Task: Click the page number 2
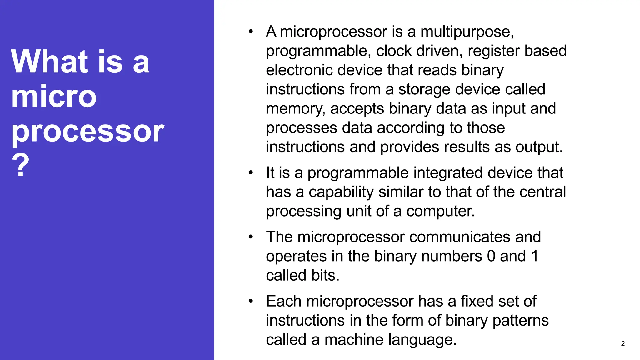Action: click(622, 344)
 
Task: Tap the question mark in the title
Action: click(21, 165)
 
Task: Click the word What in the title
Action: click(50, 62)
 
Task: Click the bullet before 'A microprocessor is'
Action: click(251, 32)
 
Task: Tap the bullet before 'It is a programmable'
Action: click(251, 173)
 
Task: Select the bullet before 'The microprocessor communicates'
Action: click(251, 237)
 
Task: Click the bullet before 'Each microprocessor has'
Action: click(251, 301)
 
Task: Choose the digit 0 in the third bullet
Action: click(491, 256)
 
